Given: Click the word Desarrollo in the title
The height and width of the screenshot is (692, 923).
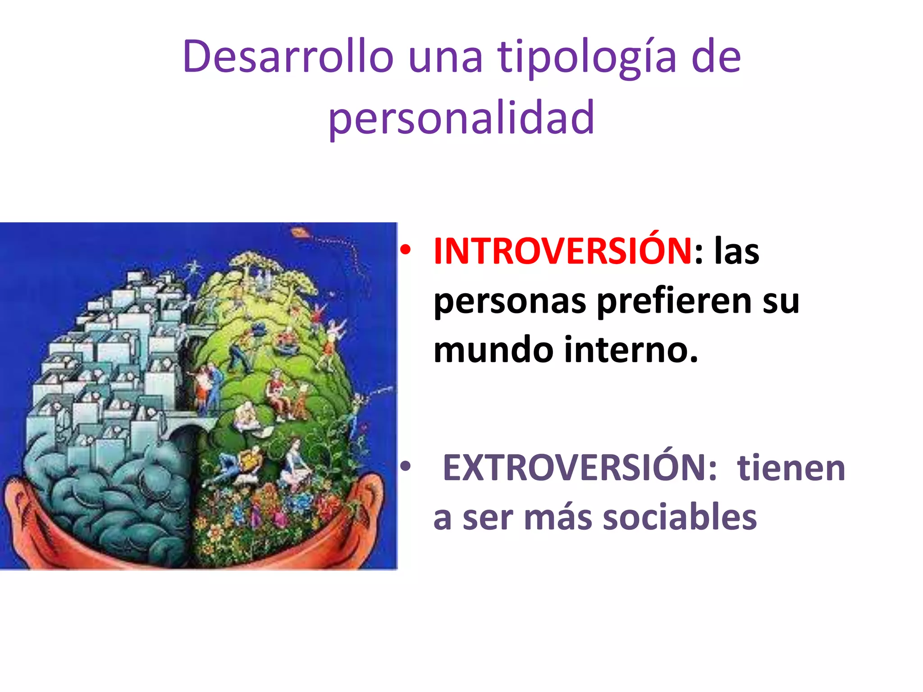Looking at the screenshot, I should (x=288, y=57).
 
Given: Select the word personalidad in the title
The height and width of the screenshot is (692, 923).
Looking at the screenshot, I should (x=461, y=118).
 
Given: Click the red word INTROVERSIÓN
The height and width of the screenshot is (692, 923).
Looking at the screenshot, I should (x=562, y=251).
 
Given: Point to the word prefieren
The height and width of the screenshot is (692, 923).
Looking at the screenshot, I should (x=674, y=301).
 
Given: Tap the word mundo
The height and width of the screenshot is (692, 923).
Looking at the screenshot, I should (x=493, y=350).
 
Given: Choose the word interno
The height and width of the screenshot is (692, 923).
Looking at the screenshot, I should (x=631, y=350).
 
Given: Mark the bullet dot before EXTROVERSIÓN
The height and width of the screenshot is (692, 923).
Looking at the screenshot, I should (x=405, y=467).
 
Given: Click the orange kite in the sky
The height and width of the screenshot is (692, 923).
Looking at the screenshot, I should (x=298, y=233).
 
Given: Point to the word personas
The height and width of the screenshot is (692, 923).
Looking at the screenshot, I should (x=509, y=301).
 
